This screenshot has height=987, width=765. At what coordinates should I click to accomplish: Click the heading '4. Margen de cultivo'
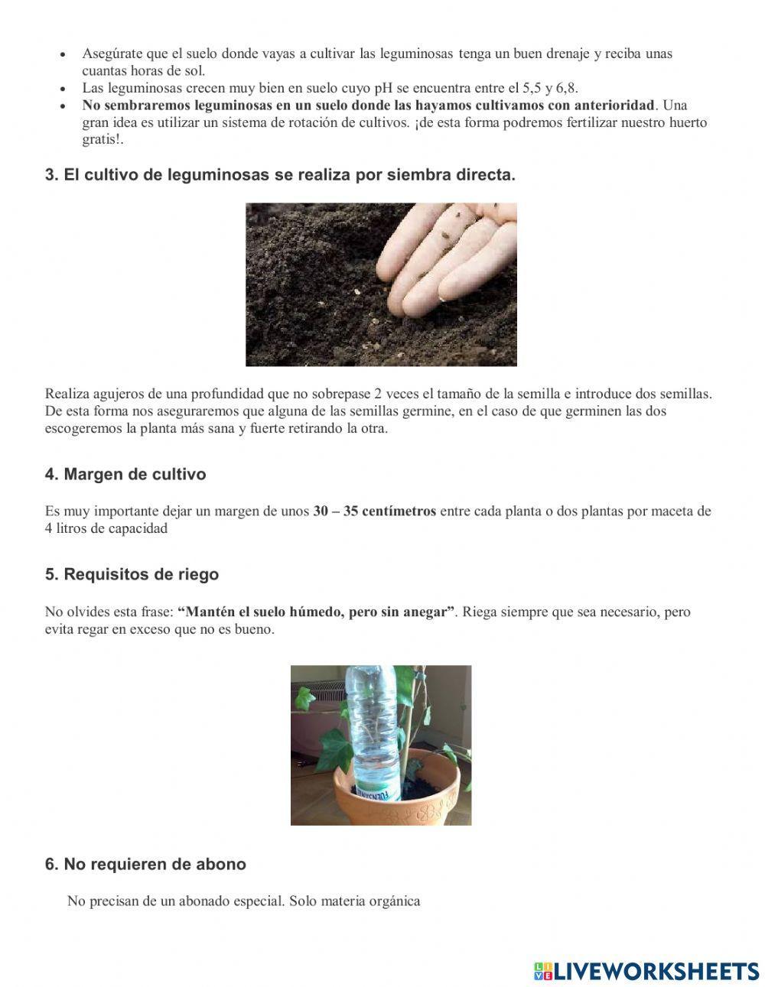(125, 474)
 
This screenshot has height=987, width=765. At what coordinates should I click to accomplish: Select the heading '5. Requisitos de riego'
(132, 574)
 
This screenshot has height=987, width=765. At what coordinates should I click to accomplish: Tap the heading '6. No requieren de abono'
(145, 864)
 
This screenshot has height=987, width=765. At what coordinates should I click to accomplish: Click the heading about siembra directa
(280, 174)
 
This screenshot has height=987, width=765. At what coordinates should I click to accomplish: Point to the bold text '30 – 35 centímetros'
(374, 511)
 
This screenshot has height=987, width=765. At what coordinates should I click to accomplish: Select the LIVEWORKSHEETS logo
(646, 971)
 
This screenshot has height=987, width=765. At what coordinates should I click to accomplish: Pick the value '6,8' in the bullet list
(566, 88)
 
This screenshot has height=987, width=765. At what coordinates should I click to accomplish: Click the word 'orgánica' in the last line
(395, 901)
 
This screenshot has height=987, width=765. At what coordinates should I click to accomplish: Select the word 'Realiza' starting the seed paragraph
(66, 394)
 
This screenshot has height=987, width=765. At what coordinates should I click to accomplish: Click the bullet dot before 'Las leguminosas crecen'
(63, 89)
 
